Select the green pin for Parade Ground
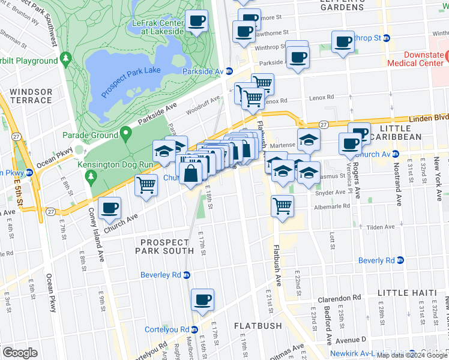coord(125,133)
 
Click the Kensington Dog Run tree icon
coord(91,176)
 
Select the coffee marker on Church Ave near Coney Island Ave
coord(109,208)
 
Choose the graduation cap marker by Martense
coord(309,140)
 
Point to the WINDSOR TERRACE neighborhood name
coord(31,97)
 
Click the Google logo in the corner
coord(20,352)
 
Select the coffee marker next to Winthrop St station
coord(343,42)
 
